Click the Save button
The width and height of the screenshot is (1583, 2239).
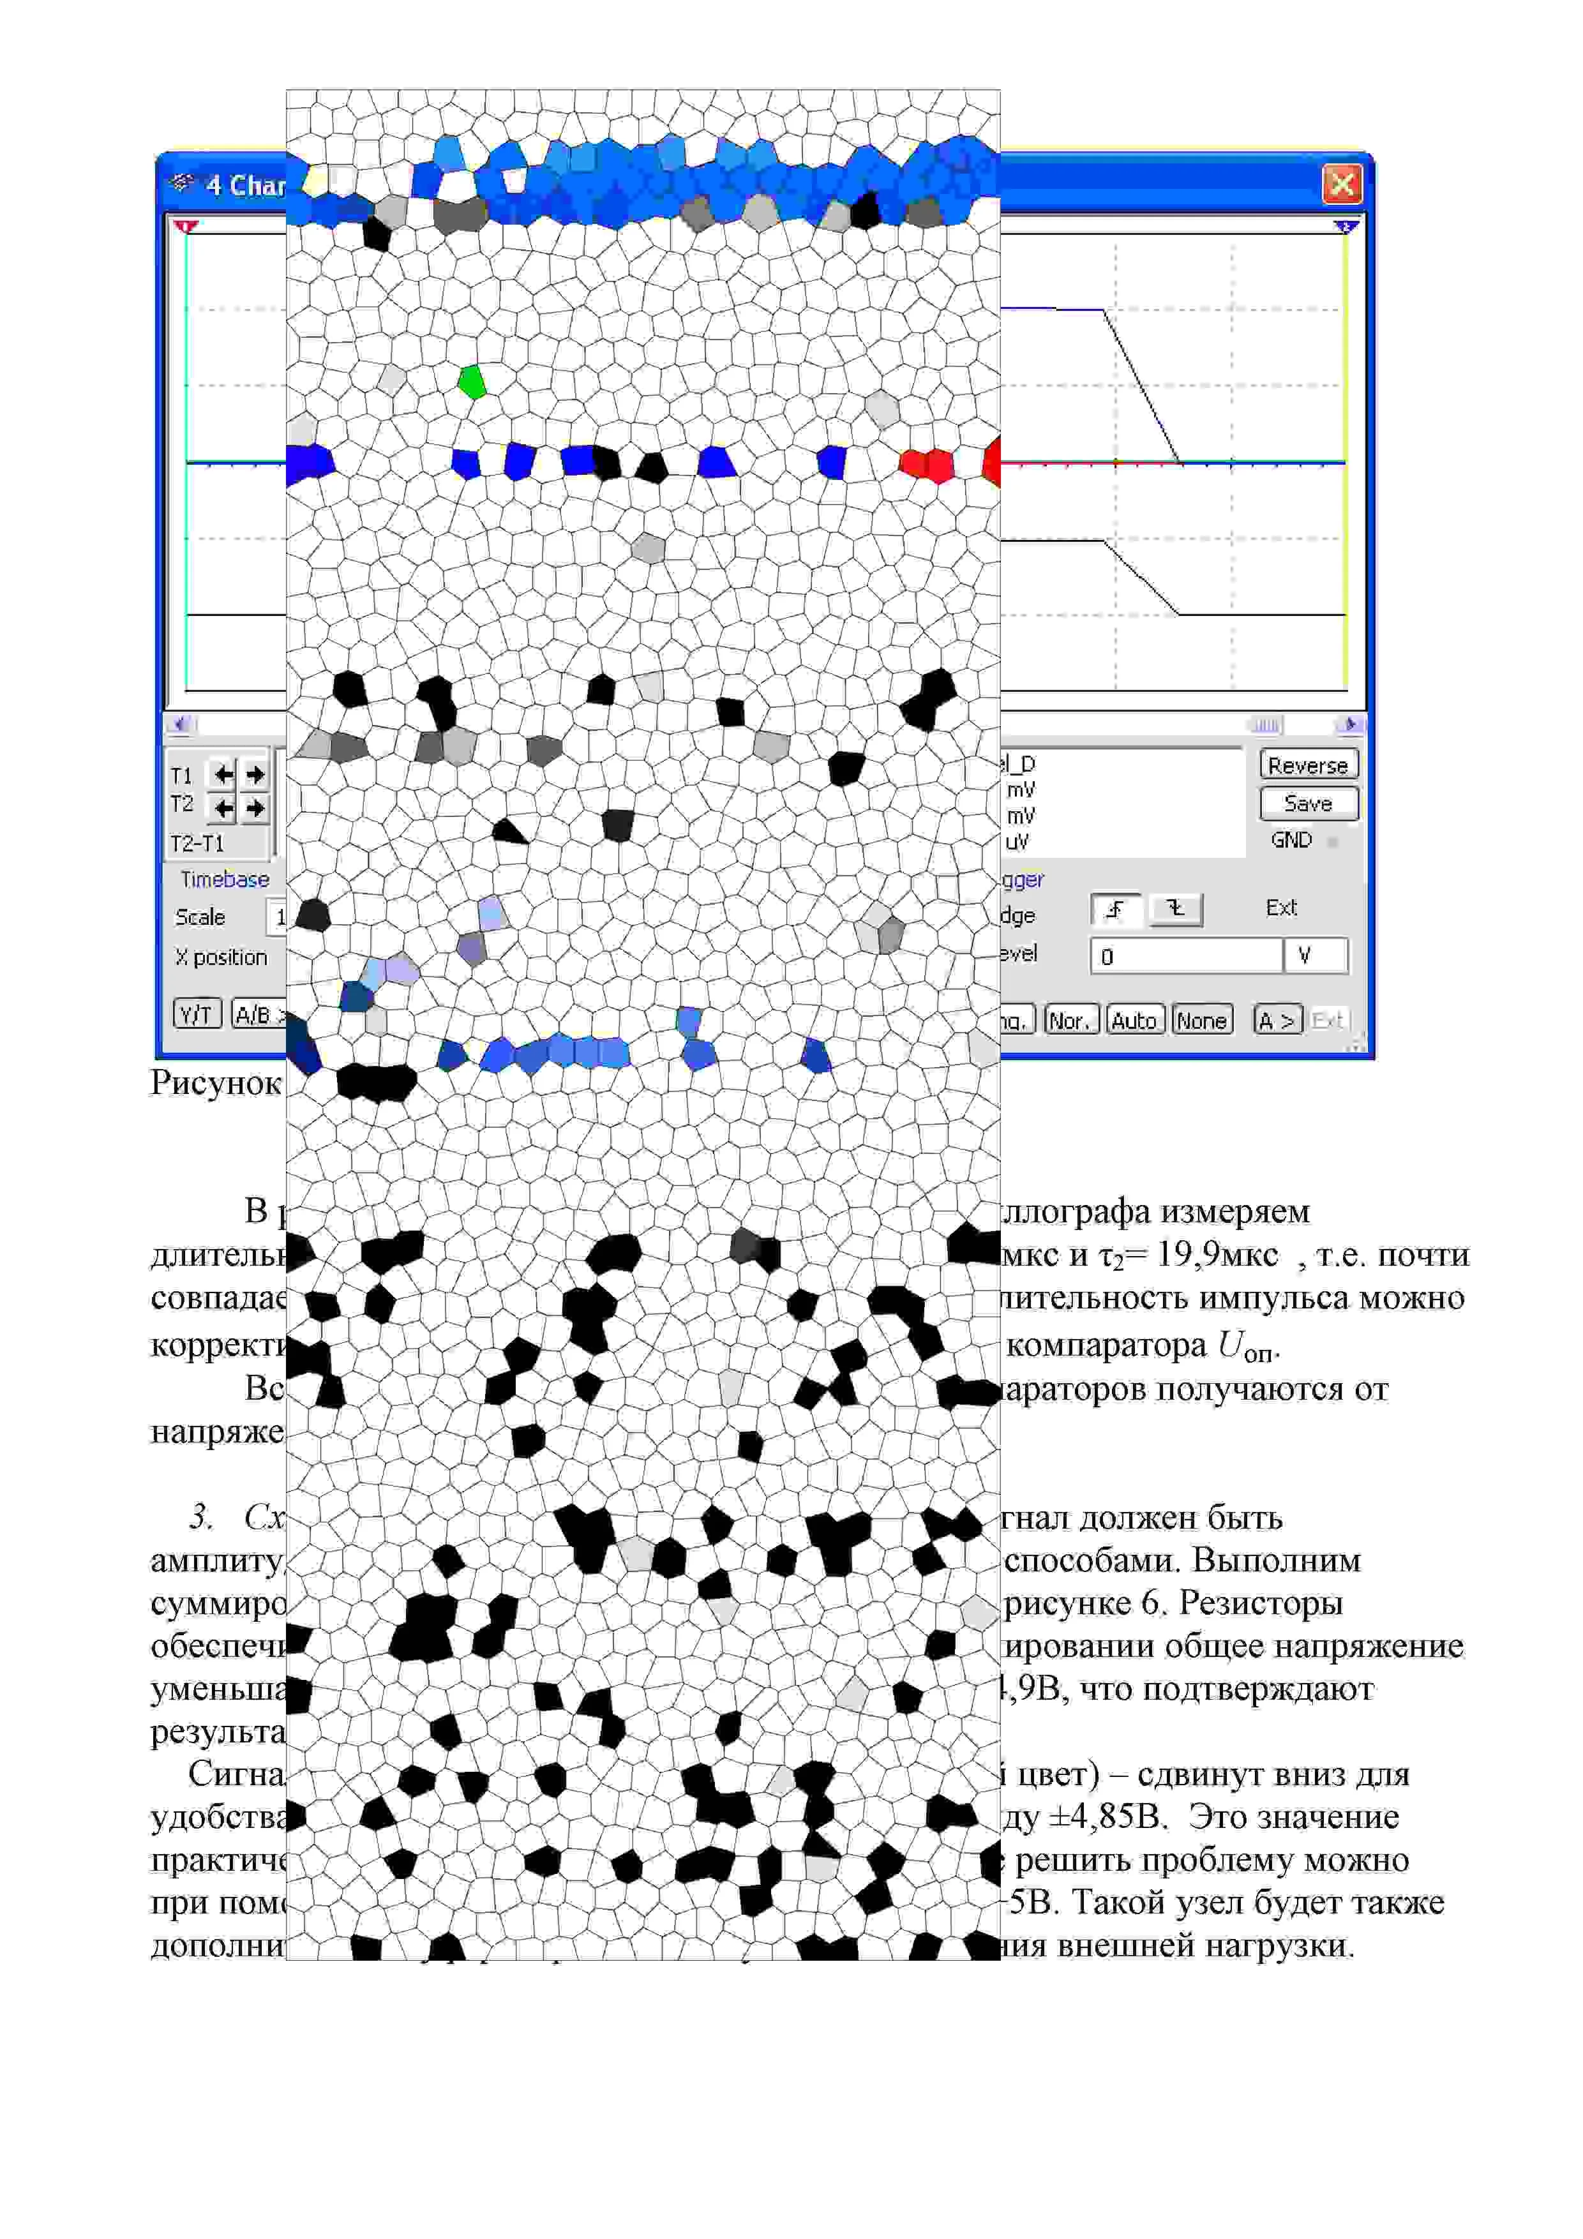click(x=1308, y=804)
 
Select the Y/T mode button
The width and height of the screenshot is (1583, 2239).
click(x=197, y=1015)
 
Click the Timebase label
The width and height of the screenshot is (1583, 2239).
click(x=224, y=880)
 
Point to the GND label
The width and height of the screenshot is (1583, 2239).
click(x=1291, y=840)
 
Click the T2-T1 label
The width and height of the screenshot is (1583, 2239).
click(x=197, y=844)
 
